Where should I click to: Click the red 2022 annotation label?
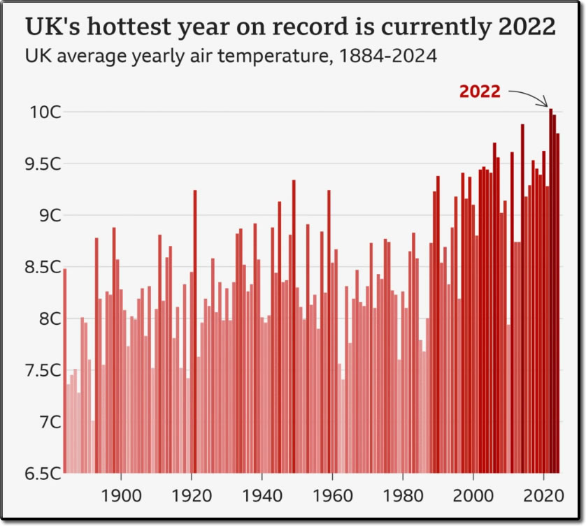(480, 92)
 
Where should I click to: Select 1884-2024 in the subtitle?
(387, 56)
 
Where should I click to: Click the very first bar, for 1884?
(64, 370)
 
